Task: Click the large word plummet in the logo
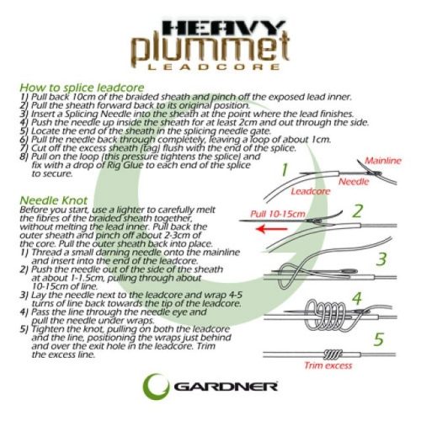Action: click(210, 49)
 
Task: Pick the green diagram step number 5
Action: click(381, 339)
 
